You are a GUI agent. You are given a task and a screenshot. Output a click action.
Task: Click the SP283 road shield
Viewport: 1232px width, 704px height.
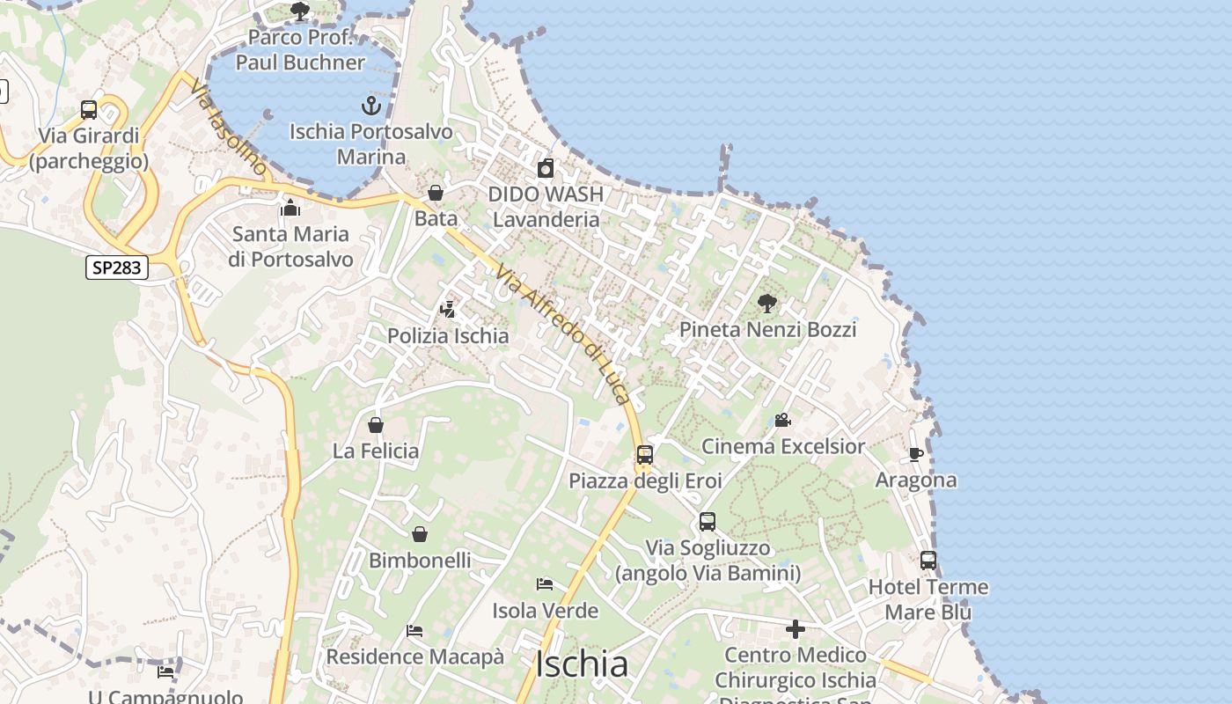point(117,268)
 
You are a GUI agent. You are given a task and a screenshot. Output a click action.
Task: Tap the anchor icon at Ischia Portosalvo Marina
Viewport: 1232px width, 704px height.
point(371,106)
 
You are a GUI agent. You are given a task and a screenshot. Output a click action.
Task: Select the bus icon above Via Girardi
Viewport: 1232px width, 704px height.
point(89,110)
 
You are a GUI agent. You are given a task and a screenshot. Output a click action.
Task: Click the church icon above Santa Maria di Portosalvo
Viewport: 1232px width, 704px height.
point(290,209)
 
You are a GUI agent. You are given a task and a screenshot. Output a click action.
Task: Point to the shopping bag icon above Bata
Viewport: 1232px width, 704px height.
point(436,193)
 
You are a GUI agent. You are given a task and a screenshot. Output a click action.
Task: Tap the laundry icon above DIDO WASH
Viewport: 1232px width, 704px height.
point(546,168)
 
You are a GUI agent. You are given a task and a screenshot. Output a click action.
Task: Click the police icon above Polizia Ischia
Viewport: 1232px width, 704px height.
point(448,310)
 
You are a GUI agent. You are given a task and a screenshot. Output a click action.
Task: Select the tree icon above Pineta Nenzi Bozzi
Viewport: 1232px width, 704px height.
point(767,304)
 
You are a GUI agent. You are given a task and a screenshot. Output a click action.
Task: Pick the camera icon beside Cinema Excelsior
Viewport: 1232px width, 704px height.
point(782,420)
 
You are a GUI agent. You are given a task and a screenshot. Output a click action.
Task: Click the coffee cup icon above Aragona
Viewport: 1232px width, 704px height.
point(915,454)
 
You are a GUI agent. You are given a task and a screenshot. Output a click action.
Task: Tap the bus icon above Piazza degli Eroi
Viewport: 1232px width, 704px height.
point(645,455)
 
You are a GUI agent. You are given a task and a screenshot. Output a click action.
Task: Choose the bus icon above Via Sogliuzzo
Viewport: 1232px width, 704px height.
point(708,522)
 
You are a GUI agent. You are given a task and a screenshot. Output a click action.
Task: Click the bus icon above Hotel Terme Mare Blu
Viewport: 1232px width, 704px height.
point(928,561)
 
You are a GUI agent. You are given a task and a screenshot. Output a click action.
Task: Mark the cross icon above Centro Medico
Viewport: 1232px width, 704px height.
point(796,629)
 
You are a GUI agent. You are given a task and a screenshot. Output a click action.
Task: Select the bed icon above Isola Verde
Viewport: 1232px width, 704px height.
point(545,584)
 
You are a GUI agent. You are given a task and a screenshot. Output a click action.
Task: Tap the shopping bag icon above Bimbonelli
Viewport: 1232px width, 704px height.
point(420,534)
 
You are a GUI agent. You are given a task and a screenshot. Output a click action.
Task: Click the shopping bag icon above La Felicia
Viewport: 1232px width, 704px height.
point(376,425)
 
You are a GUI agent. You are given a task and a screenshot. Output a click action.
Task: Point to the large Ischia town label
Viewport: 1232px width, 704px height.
point(582,664)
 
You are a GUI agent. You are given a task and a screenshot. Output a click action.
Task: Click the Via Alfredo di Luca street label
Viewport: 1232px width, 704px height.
point(563,334)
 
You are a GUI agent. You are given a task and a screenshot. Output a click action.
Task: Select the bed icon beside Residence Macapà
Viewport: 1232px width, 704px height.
point(414,631)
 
